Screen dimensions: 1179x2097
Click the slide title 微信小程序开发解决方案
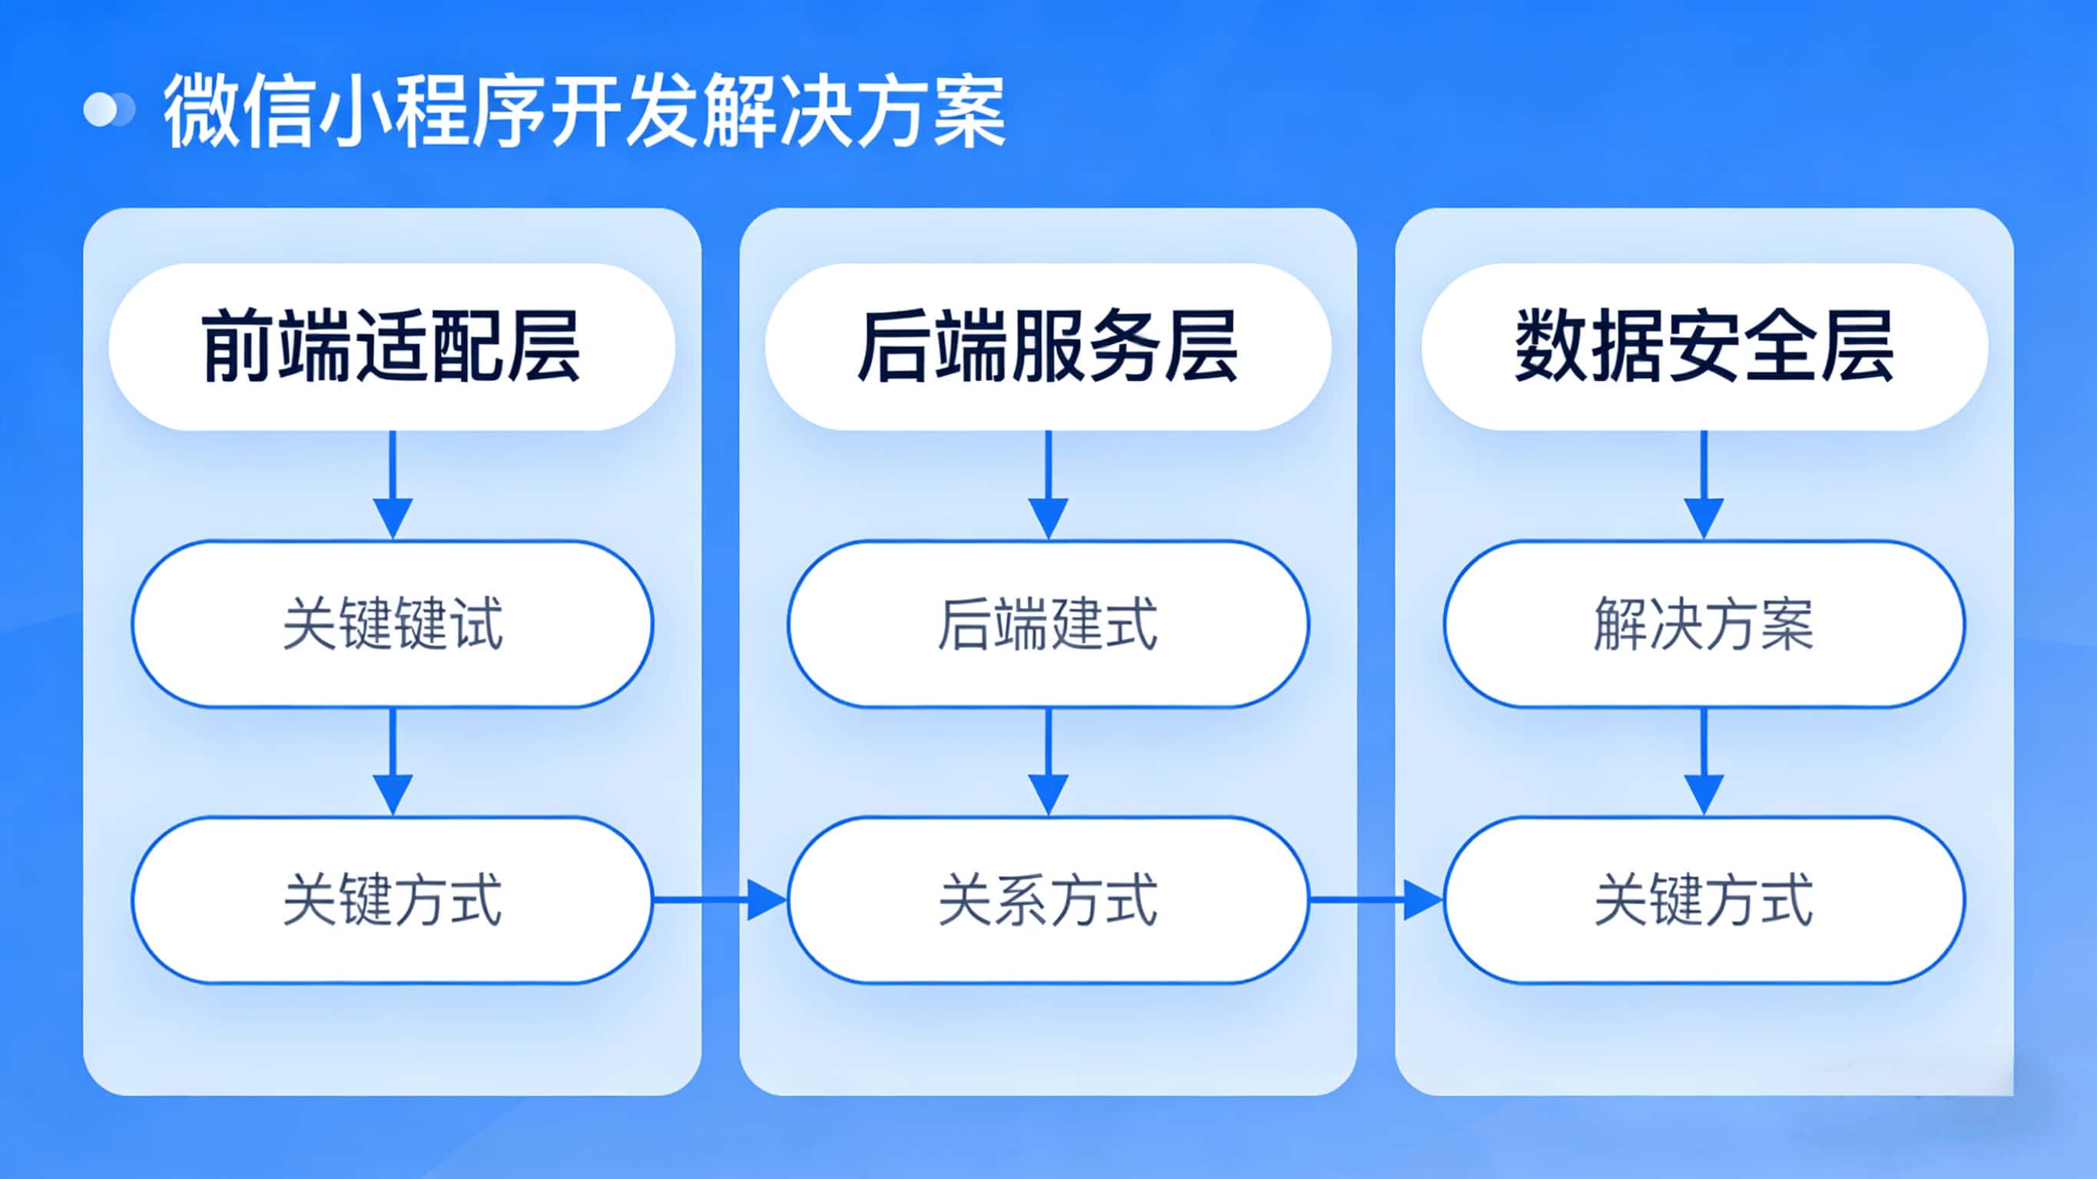[x=585, y=111]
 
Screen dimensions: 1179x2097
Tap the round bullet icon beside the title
[x=109, y=110]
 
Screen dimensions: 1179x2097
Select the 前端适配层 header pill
[x=392, y=347]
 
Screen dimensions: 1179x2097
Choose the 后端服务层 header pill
[x=1048, y=347]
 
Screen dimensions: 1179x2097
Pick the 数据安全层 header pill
[x=1704, y=347]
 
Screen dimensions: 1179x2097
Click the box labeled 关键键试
[x=392, y=624]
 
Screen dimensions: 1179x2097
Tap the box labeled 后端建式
[x=1048, y=624]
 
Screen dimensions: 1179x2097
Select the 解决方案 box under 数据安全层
[x=1704, y=624]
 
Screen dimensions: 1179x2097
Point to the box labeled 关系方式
[x=1048, y=899]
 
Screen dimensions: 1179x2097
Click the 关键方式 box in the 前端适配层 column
[x=392, y=899]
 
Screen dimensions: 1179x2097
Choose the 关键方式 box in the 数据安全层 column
[x=1704, y=899]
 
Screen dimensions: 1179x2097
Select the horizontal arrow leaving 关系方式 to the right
[x=1376, y=899]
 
